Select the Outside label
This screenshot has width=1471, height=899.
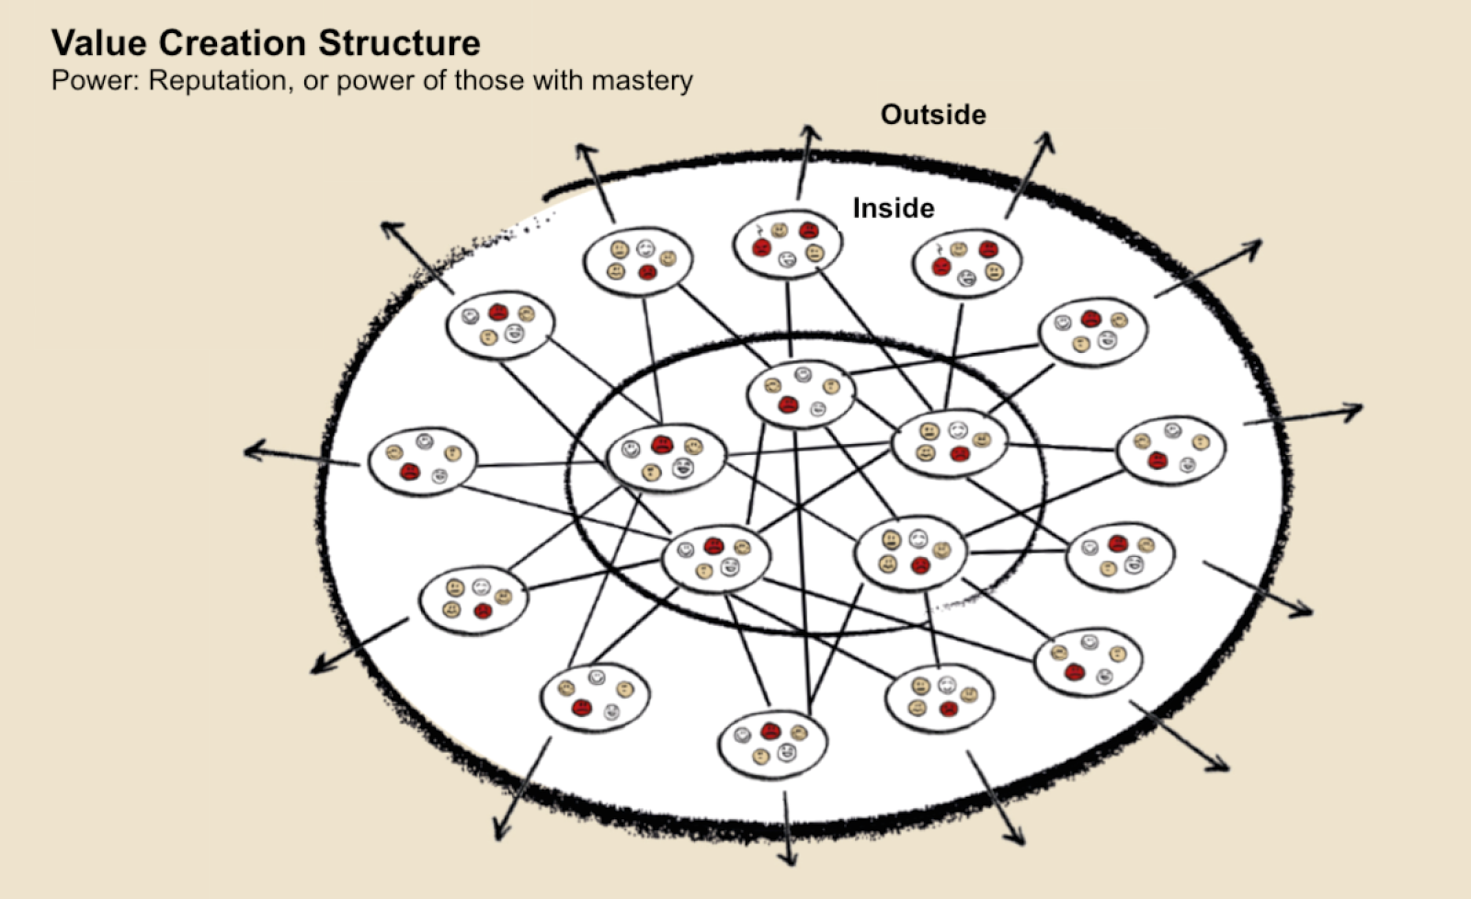tap(932, 115)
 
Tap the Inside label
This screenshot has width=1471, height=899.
tap(893, 208)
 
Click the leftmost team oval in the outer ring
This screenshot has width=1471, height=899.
tap(422, 461)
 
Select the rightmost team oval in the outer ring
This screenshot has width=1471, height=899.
tap(1170, 449)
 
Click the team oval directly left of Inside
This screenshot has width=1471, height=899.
tap(786, 244)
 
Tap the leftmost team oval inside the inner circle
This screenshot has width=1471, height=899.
tap(666, 457)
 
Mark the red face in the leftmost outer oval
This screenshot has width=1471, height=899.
tap(409, 472)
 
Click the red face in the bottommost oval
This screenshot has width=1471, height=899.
tap(770, 732)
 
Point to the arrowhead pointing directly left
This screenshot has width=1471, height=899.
tap(251, 450)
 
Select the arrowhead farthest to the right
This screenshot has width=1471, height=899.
tap(1356, 410)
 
